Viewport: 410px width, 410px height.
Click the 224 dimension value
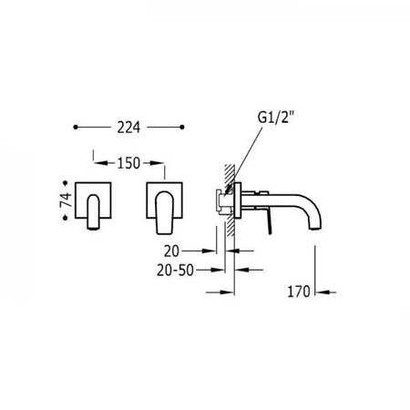click(128, 128)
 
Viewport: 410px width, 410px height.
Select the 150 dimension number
click(128, 163)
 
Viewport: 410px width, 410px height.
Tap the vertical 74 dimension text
click(66, 200)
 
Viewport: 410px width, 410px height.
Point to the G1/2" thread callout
click(276, 118)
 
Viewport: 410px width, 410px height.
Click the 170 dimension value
click(299, 292)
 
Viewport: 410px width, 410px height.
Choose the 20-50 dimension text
click(175, 270)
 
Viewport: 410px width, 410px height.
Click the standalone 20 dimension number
click(172, 251)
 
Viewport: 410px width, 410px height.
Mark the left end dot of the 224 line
click(76, 128)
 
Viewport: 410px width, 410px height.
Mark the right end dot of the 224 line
click(182, 128)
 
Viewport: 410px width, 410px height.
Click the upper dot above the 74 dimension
click(65, 183)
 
